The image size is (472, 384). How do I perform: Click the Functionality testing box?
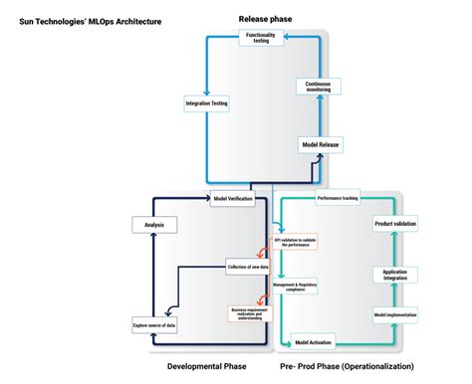260,39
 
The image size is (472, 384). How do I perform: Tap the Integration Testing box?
206,102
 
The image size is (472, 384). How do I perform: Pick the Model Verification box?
233,198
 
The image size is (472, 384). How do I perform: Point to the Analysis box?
153,225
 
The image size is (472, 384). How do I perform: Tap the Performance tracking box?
337,199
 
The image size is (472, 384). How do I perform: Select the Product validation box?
395,224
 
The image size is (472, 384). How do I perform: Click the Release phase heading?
264,18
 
